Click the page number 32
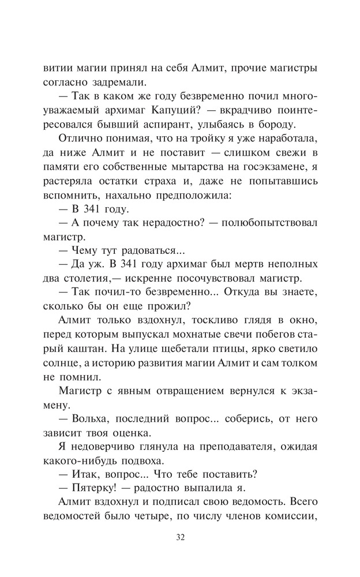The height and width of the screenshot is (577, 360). coord(180,538)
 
